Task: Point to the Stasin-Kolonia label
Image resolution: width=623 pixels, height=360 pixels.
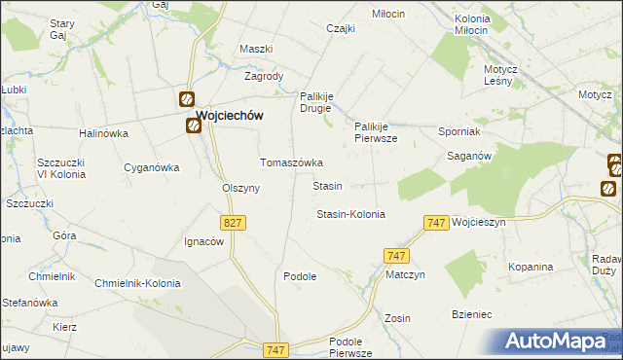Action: pyautogui.click(x=350, y=214)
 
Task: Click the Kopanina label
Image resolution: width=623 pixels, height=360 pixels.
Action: pyautogui.click(x=531, y=267)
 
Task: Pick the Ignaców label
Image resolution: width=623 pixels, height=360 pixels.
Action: pyautogui.click(x=204, y=241)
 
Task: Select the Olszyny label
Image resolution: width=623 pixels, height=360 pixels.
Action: pyautogui.click(x=240, y=189)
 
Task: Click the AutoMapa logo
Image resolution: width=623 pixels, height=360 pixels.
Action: pyautogui.click(x=560, y=341)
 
